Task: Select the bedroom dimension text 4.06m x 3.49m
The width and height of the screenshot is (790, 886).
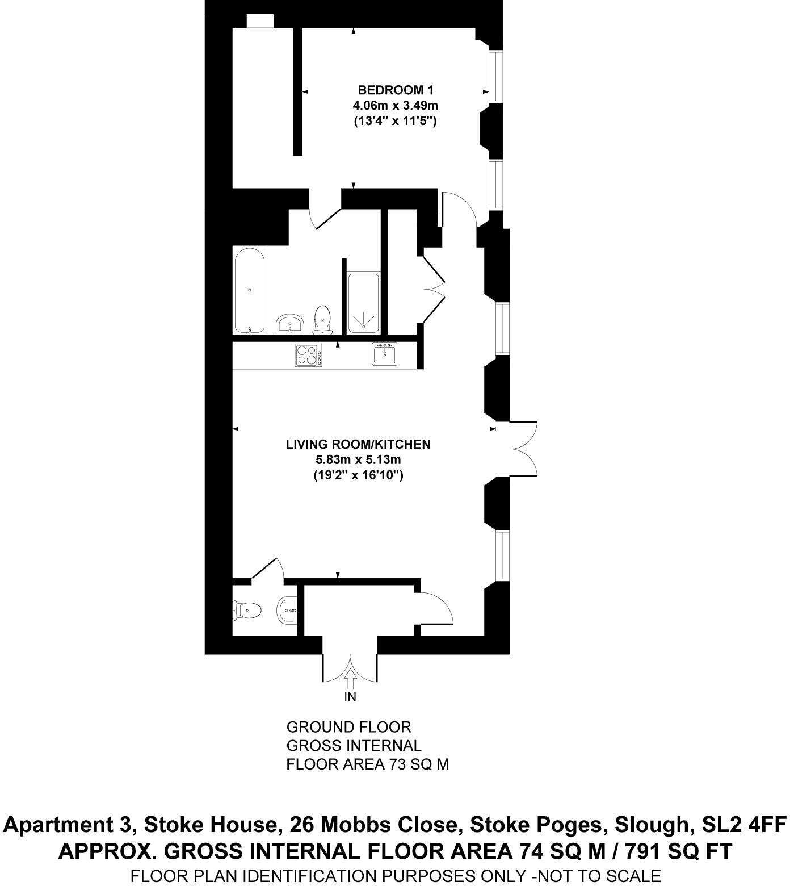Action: coord(395,105)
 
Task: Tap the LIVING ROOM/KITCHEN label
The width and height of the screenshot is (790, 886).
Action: coord(358,444)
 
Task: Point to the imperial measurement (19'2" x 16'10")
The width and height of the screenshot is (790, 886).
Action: coord(358,475)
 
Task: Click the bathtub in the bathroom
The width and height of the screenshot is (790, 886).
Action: coord(250,290)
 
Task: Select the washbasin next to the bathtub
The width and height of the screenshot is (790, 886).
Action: coord(291,325)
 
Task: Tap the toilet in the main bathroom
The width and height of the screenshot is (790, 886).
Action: coord(322,319)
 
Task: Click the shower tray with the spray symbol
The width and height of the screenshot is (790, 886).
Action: coord(363,302)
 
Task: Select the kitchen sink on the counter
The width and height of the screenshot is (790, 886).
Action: coord(385,354)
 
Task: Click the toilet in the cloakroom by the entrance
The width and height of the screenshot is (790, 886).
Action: coord(247,611)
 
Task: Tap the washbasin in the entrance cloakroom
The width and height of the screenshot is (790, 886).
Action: coord(288,611)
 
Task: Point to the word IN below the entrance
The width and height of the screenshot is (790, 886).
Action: coord(350,696)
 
